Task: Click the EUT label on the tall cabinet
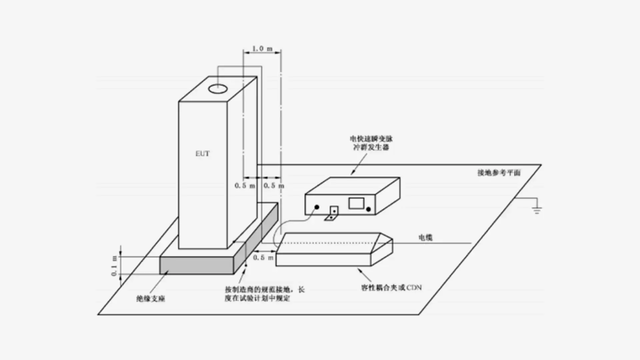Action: point(202,154)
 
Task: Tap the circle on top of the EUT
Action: point(218,89)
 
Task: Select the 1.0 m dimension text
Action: point(262,49)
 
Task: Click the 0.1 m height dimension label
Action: point(114,266)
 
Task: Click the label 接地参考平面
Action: point(499,173)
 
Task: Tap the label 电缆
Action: point(425,238)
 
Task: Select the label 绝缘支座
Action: point(151,299)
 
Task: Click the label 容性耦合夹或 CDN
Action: point(391,287)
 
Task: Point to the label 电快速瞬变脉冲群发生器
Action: point(371,143)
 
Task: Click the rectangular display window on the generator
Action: point(356,203)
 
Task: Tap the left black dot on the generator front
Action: point(317,207)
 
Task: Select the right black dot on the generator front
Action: point(368,209)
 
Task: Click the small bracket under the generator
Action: point(332,214)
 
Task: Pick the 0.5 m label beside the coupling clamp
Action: point(263,258)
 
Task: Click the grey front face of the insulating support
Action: point(197,266)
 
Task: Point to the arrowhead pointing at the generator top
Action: point(353,172)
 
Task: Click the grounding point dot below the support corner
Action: point(246,265)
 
